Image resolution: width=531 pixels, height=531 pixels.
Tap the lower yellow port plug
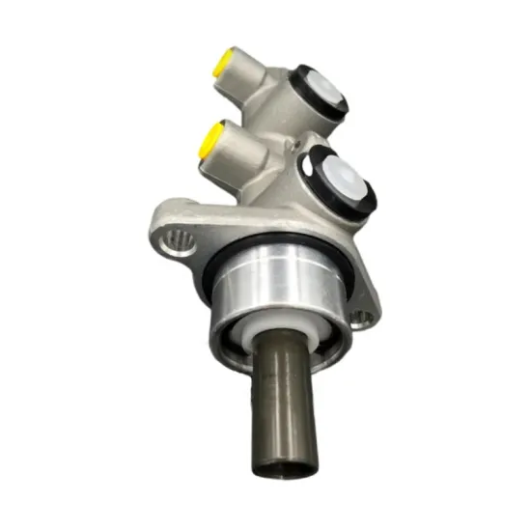[208, 142]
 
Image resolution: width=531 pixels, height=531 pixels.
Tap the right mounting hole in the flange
[363, 316]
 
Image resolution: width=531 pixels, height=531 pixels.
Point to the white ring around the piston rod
[261, 334]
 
